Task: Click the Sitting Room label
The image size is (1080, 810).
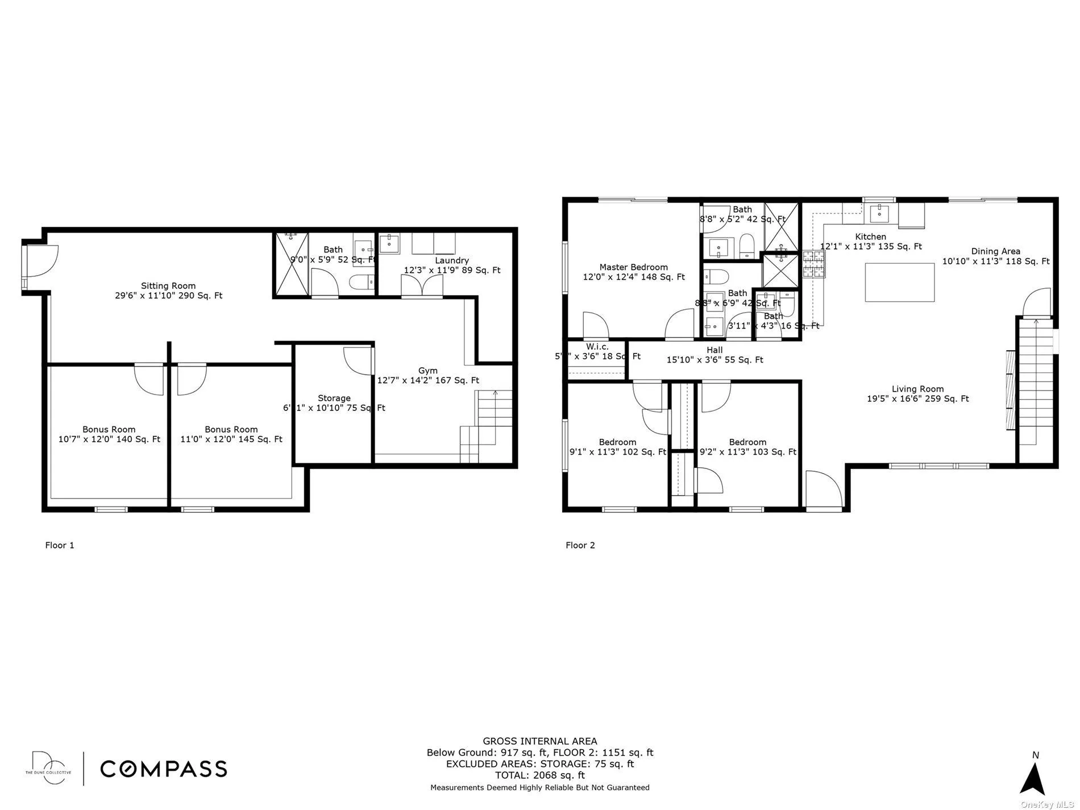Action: point(168,286)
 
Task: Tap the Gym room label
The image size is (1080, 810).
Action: point(427,371)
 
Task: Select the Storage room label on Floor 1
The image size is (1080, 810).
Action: point(334,398)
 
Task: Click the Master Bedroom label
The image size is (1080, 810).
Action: point(633,267)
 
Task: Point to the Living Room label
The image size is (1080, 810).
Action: point(917,389)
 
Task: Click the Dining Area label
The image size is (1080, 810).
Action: point(995,251)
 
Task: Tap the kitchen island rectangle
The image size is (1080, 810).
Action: point(899,282)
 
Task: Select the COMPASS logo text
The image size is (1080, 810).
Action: point(164,769)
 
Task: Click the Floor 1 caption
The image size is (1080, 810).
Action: point(60,545)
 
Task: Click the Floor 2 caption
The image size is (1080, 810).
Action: point(580,545)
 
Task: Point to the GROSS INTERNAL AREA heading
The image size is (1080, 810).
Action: point(539,741)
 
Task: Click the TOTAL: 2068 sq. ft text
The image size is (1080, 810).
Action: point(539,775)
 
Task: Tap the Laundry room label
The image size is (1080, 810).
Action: point(452,260)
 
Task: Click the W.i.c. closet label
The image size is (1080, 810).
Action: point(597,347)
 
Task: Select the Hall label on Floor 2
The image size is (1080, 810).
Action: point(715,350)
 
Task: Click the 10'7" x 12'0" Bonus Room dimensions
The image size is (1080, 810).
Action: point(109,439)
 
